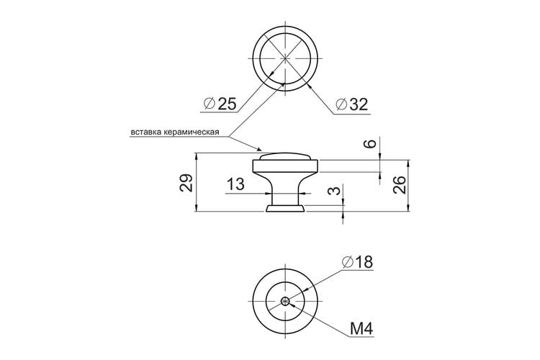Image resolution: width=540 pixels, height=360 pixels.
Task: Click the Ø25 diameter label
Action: [220, 104]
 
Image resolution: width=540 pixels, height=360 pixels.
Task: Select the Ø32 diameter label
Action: [352, 104]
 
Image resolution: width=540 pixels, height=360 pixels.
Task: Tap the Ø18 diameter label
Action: [358, 262]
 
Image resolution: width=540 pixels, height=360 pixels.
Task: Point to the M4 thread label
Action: [361, 329]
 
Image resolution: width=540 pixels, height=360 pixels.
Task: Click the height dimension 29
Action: [186, 183]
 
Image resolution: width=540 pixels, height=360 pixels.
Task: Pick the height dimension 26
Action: [400, 184]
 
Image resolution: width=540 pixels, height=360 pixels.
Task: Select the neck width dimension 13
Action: [235, 184]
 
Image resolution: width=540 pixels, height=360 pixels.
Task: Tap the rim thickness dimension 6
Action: [371, 143]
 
